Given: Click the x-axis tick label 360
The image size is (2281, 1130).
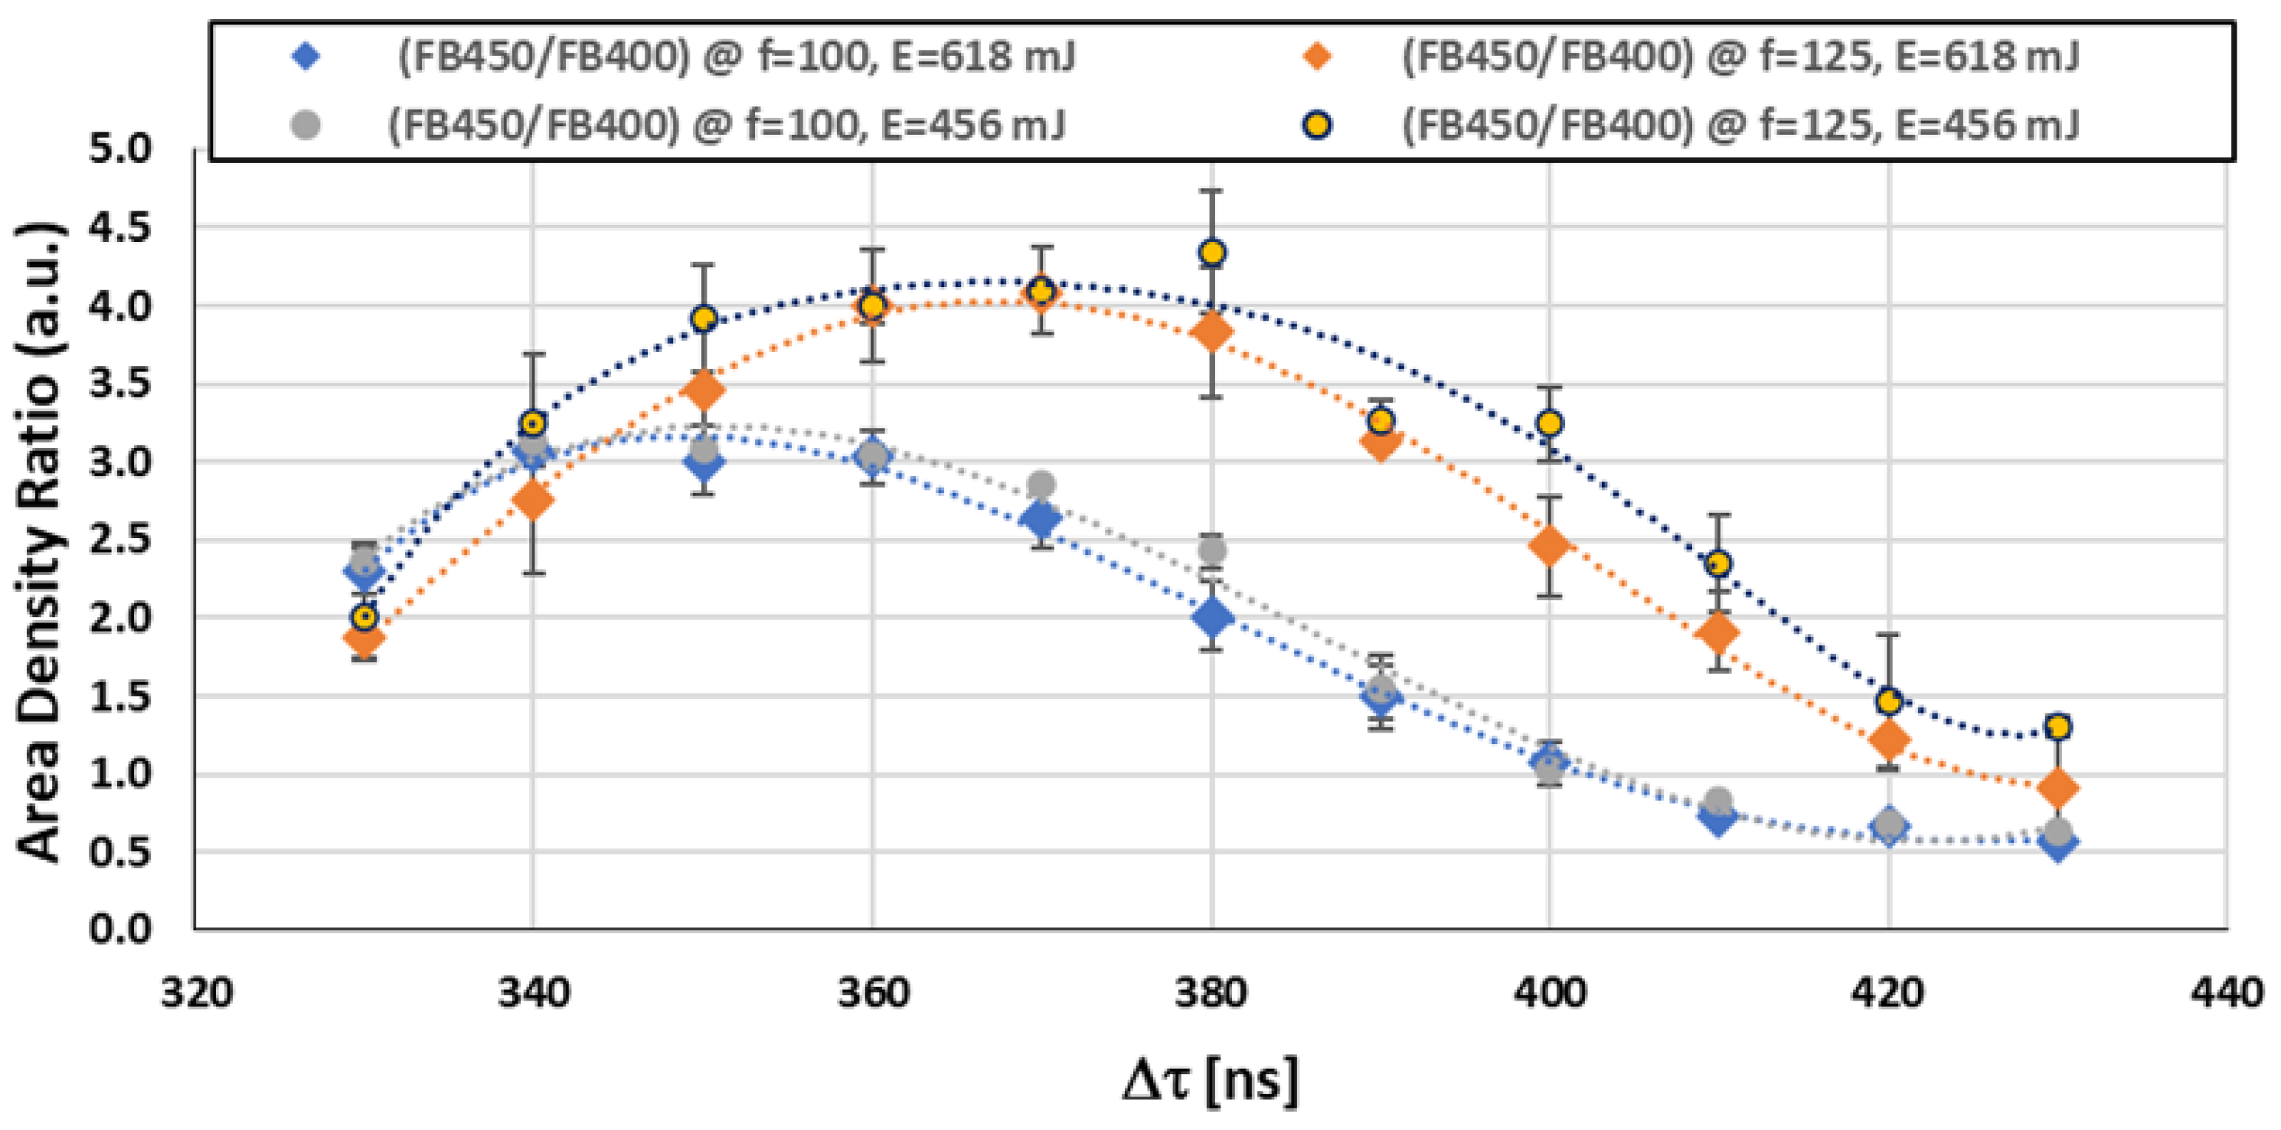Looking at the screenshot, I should click(873, 993).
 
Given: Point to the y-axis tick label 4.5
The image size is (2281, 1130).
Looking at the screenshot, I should click(120, 227).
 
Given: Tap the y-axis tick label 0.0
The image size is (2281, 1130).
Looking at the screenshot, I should click(120, 929).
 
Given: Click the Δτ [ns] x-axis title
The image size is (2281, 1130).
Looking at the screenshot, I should click(1210, 1080).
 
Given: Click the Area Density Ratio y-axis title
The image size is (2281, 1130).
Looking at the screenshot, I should click(39, 541).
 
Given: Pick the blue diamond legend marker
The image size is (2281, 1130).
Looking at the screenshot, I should click(306, 57).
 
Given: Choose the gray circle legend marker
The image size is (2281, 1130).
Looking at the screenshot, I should click(306, 124).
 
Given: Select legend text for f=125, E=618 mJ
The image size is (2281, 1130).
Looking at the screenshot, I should click(1739, 57).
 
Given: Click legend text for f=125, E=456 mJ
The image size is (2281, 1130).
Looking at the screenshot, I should click(1739, 124).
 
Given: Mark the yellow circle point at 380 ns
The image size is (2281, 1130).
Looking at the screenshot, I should click(1212, 253).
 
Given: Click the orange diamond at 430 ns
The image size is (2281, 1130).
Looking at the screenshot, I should click(2059, 787).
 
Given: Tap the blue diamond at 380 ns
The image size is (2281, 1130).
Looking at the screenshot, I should click(1212, 617).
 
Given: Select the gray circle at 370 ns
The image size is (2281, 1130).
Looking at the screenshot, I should click(1042, 485).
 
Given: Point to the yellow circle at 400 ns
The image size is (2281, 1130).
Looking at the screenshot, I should click(1550, 423).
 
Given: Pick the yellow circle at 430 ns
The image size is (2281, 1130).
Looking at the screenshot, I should click(2059, 727).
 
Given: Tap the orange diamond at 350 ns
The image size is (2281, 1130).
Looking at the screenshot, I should click(704, 390).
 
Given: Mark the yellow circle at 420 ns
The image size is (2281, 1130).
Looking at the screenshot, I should click(1889, 701).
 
